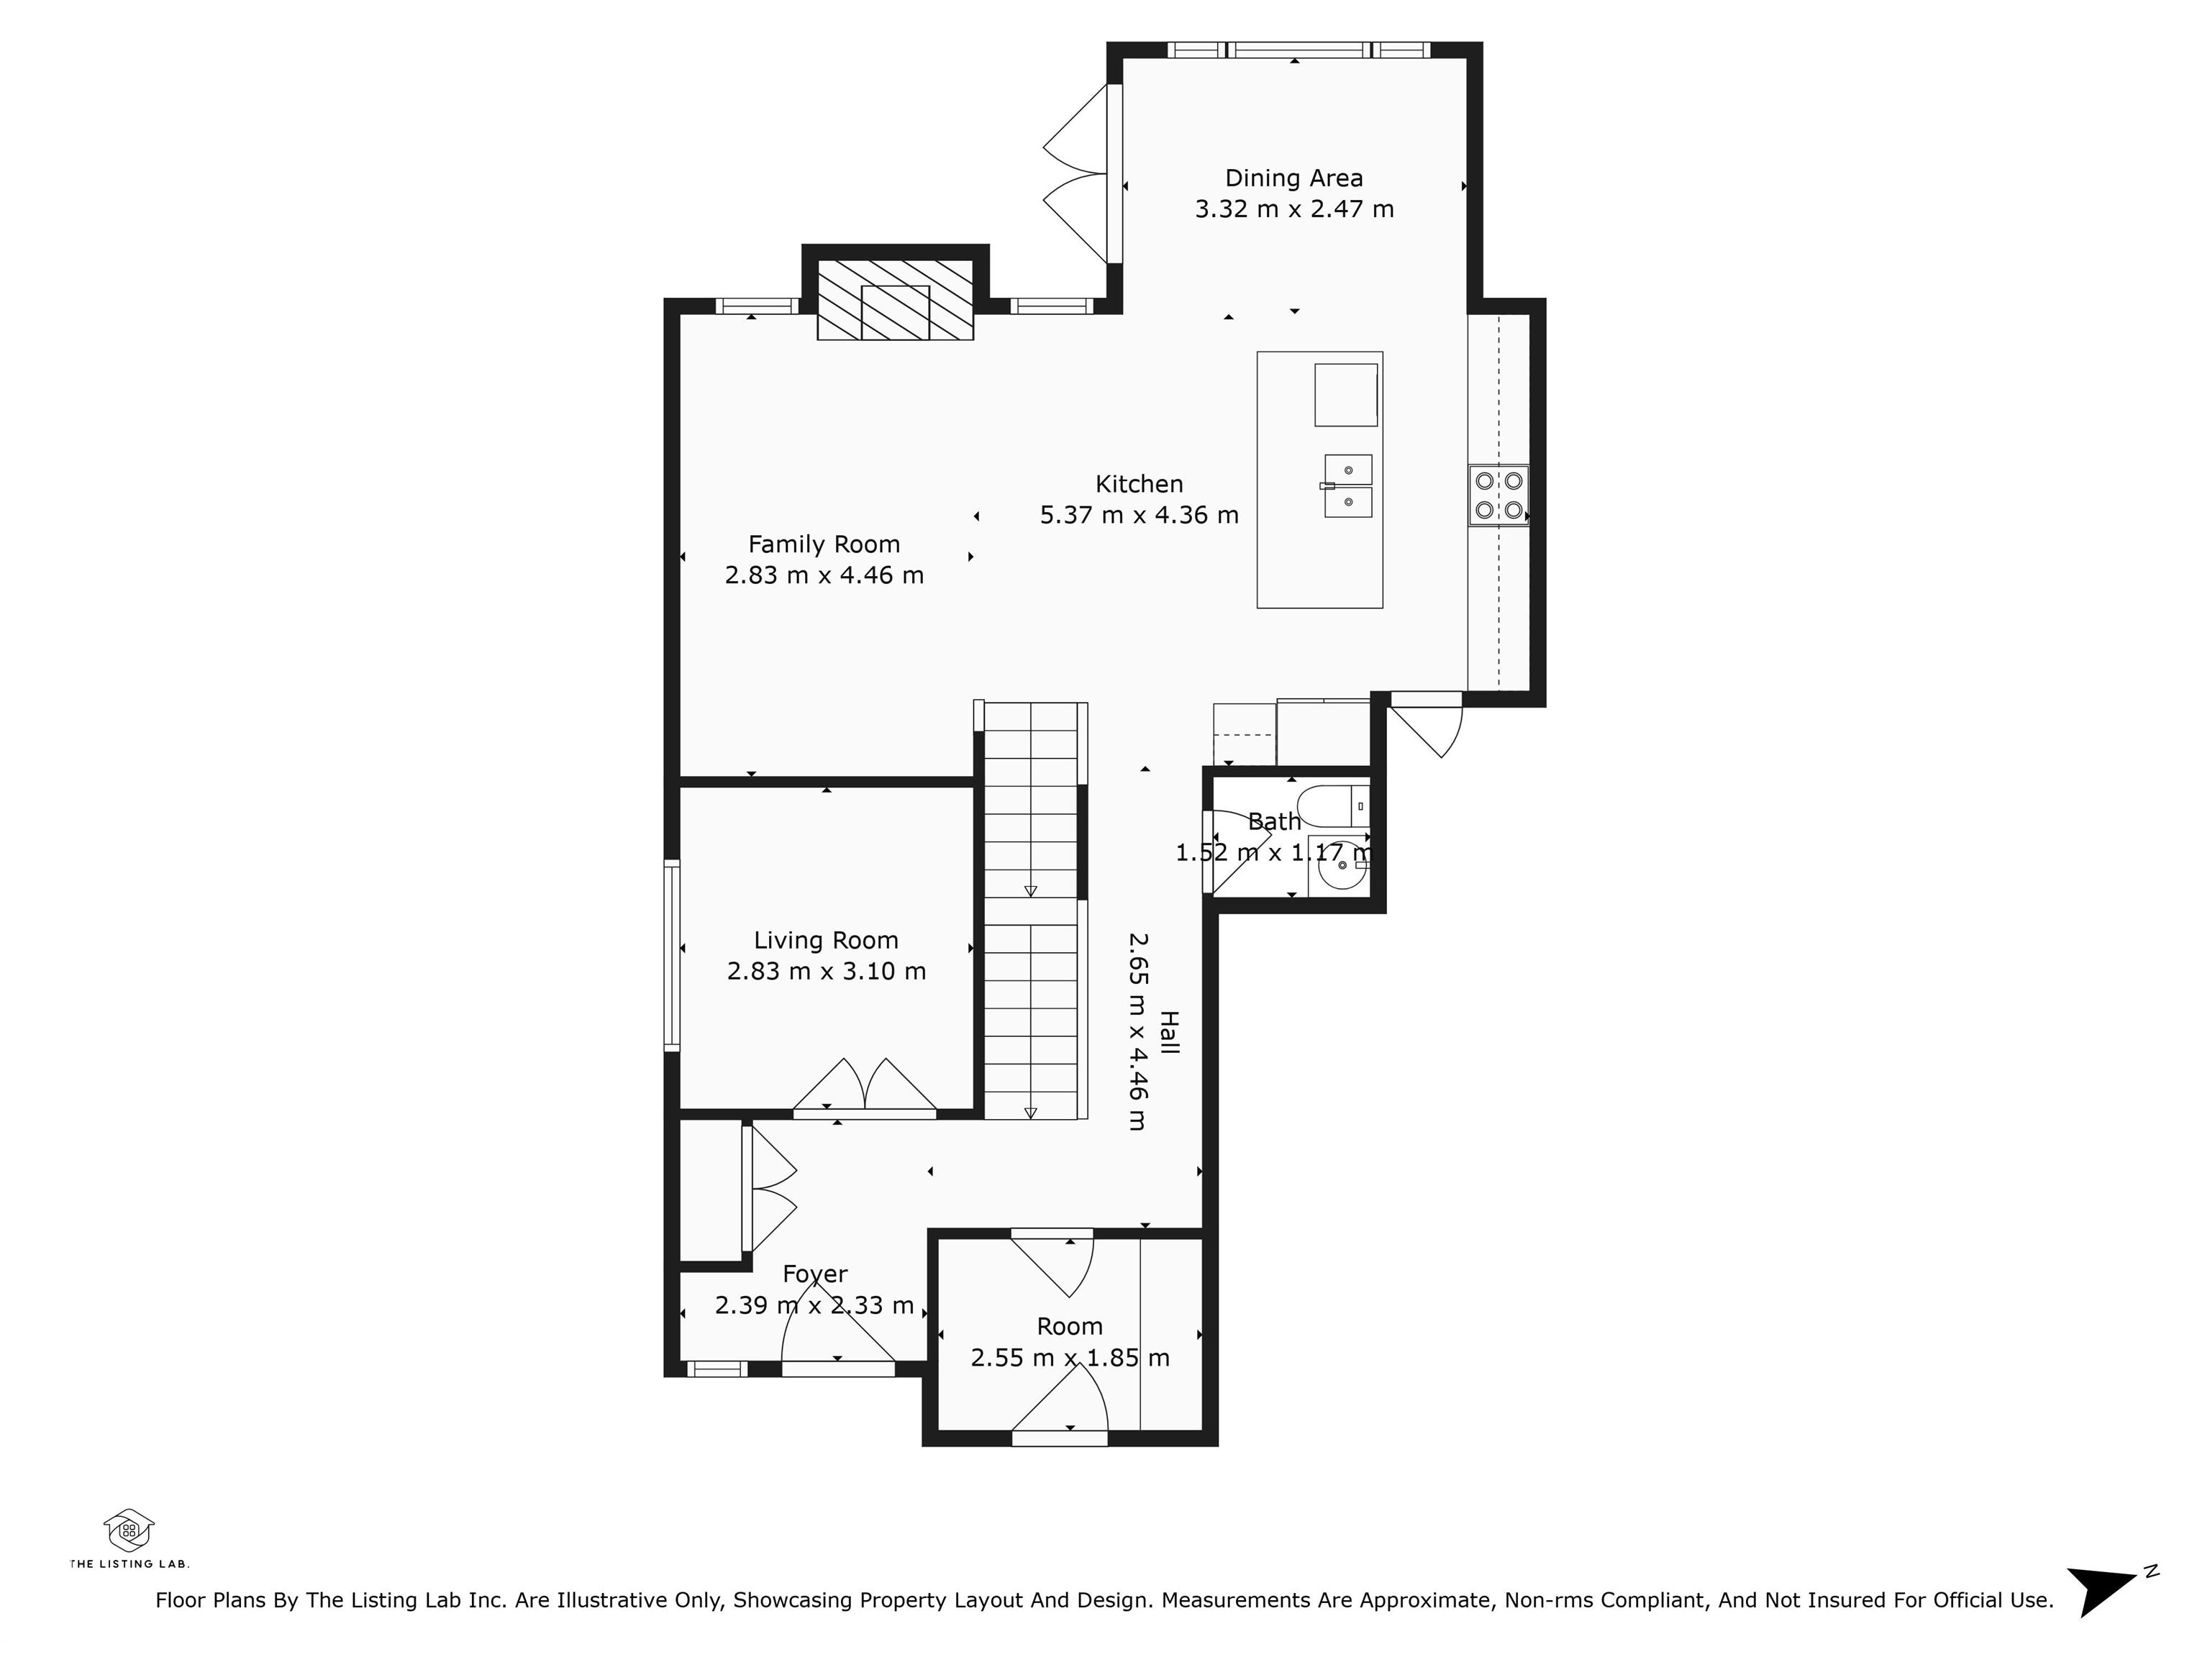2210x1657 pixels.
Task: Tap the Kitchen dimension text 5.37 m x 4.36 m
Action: tap(1139, 516)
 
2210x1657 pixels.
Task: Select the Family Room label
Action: tap(824, 544)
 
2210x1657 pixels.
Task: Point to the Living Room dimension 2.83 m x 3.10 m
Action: tap(827, 971)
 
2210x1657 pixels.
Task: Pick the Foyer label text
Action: tap(815, 1274)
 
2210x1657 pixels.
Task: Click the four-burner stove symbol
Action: tap(1499, 496)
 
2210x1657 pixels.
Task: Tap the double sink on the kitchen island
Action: tap(1347, 486)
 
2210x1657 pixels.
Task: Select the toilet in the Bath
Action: tap(1333, 805)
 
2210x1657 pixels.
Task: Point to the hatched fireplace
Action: tap(895, 300)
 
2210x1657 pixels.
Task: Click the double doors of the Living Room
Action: tap(864, 1086)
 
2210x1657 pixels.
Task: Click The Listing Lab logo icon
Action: tap(129, 1531)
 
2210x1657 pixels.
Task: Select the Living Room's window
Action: tap(673, 956)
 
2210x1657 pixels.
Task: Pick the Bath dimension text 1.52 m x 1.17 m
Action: tap(1274, 853)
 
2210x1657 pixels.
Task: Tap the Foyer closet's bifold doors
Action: tap(769, 1189)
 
